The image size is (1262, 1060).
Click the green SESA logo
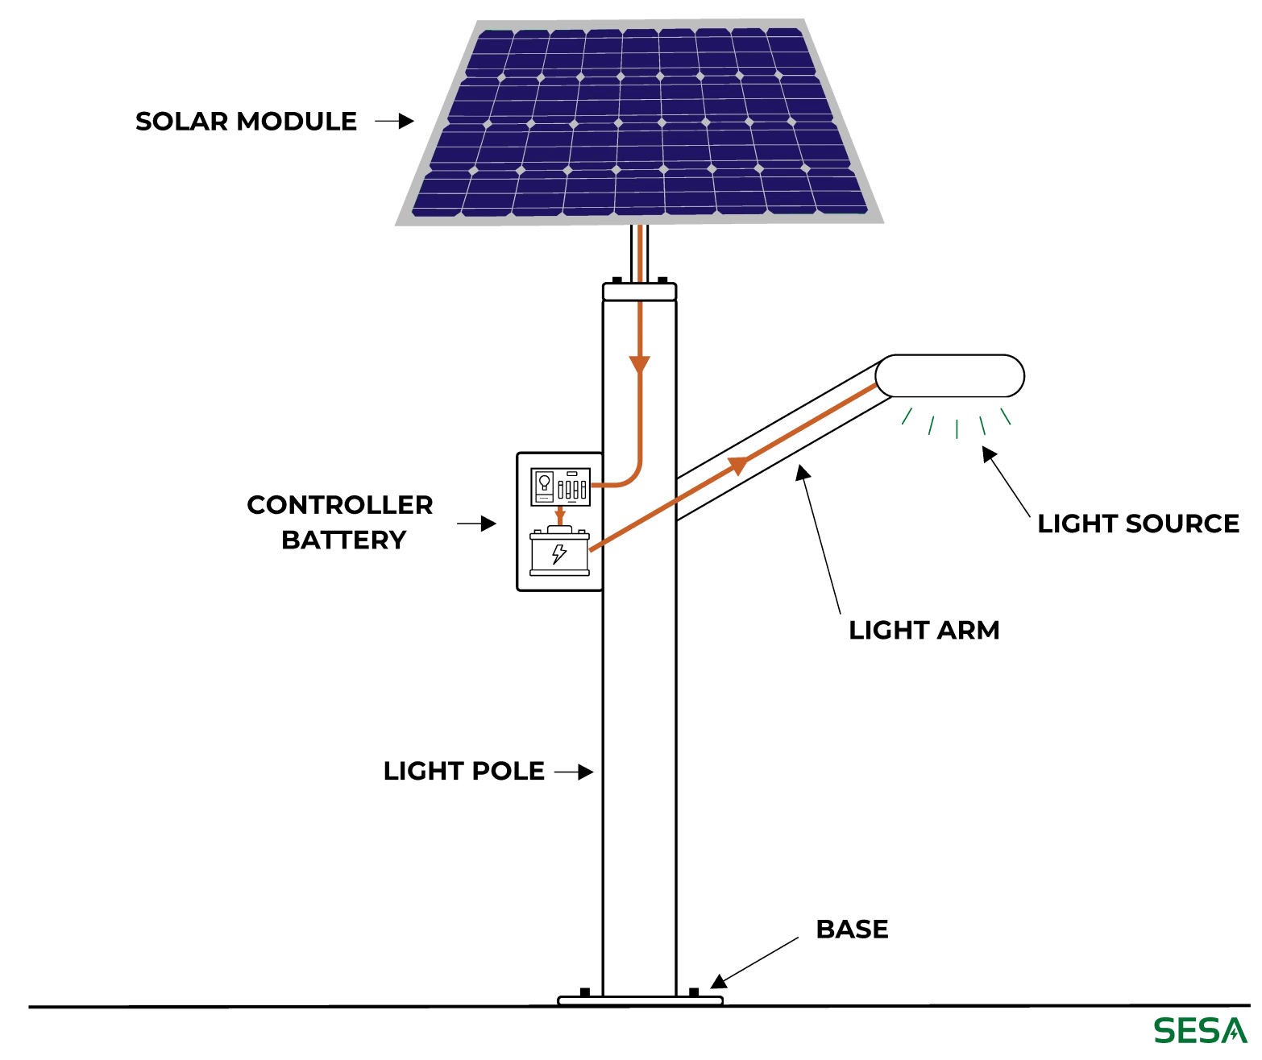pos(1200,1029)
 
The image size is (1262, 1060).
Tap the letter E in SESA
pos(1188,1029)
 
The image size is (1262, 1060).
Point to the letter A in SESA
pos(1234,1029)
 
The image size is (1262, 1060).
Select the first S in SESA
pos(1165,1029)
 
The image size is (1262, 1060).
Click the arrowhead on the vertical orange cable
pos(640,363)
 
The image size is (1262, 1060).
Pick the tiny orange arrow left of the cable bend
pos(561,514)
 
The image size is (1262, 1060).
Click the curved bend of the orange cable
pos(633,480)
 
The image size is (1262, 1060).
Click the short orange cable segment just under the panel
pos(641,253)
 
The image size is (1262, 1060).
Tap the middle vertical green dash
pos(957,430)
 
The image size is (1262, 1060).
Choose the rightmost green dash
pos(1005,416)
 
